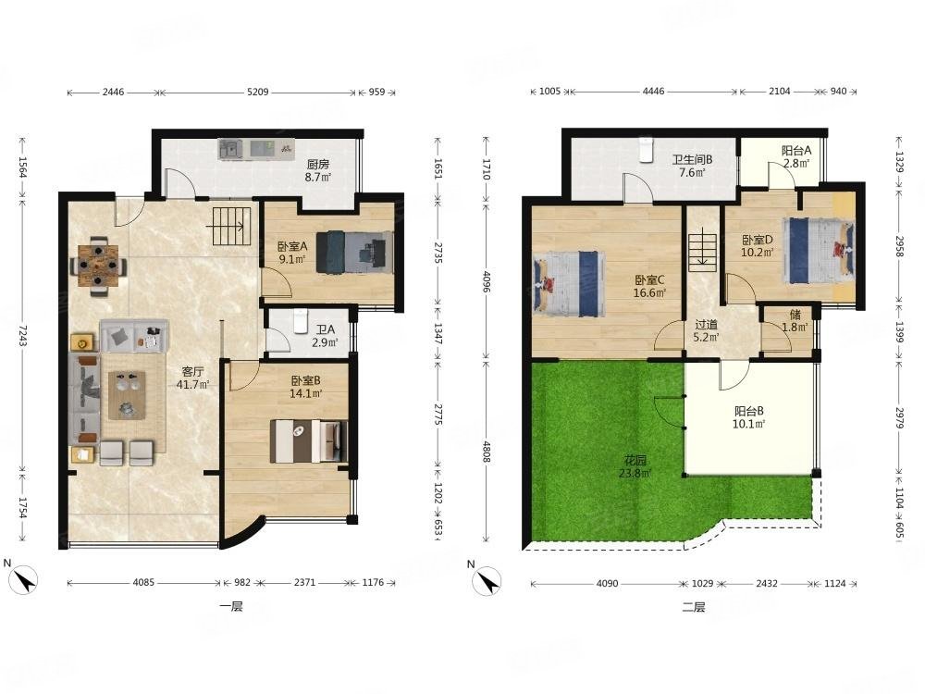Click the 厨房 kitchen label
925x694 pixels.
[318, 164]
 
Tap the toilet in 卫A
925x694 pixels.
[301, 322]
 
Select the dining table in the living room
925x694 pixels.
[99, 266]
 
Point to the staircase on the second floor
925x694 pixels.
[703, 252]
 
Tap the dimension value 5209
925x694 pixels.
[258, 92]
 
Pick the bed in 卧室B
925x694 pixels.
[309, 440]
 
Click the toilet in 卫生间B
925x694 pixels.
[646, 150]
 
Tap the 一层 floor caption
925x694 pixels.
[230, 606]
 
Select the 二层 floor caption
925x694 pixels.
[694, 607]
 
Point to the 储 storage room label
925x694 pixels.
[795, 316]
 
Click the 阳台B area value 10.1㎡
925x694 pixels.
[749, 424]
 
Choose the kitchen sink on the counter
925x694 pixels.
[230, 149]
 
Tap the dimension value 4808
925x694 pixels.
[487, 452]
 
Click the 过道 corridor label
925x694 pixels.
[706, 325]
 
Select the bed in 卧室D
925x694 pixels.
[819, 250]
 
